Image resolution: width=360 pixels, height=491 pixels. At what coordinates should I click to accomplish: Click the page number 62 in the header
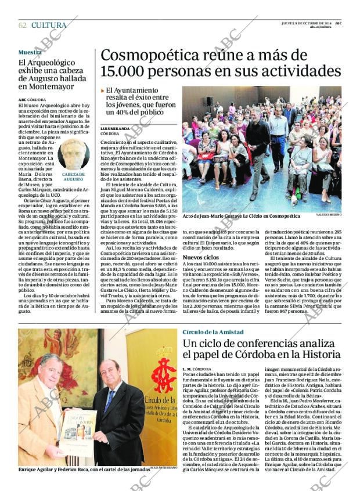pos(22,25)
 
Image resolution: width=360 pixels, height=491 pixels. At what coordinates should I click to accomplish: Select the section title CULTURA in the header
pos(49,25)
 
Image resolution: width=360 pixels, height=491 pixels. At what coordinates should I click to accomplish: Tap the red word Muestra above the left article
pos(30,52)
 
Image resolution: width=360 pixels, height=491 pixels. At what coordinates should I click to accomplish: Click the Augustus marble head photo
pos(73,154)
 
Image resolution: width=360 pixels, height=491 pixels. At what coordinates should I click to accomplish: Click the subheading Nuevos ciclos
pos(200,257)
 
